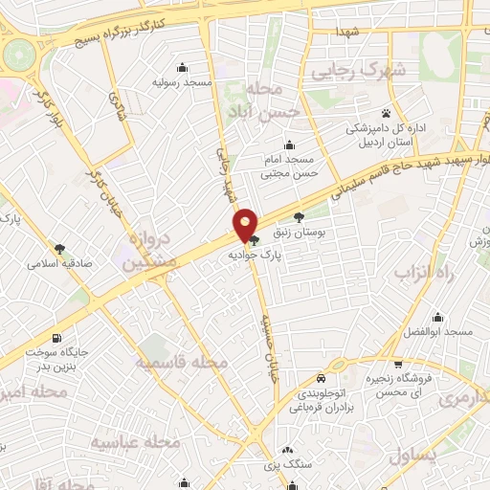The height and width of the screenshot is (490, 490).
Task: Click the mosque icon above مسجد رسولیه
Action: coord(182,67)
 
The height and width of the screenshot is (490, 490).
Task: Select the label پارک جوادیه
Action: coord(252,256)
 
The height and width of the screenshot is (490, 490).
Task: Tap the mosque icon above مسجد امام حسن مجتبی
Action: coord(289,145)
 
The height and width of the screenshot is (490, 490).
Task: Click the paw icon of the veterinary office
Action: coord(386,113)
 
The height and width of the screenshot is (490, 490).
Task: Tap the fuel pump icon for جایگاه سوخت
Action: coord(60,337)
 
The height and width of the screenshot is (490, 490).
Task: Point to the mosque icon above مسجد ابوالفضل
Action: coord(438,318)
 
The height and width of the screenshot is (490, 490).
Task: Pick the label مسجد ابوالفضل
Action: coord(438,332)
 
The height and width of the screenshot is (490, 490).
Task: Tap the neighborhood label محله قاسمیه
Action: coord(181,364)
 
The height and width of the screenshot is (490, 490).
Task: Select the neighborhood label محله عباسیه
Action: coord(135,441)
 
